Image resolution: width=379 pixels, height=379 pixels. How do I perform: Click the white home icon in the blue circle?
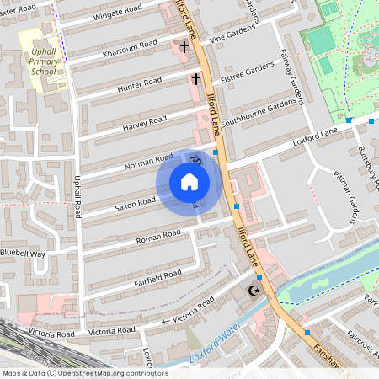(x=189, y=181)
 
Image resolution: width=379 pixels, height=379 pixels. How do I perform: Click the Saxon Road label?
(x=136, y=202)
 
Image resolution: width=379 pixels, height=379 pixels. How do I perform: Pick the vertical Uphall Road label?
(x=77, y=195)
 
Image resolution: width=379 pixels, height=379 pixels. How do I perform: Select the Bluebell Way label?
(x=23, y=253)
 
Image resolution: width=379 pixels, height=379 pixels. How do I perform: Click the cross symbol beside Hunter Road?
(x=195, y=79)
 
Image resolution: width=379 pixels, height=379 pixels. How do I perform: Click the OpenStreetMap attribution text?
(x=84, y=373)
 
